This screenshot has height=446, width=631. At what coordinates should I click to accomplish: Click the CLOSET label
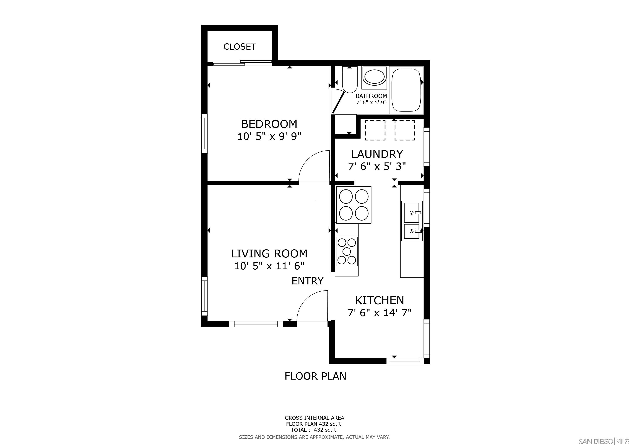[239, 47]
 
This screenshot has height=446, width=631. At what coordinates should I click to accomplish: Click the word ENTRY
[307, 281]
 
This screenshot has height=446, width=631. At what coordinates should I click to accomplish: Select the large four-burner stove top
[353, 205]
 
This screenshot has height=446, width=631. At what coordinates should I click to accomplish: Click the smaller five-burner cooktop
[347, 251]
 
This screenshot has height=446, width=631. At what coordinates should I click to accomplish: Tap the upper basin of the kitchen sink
[411, 212]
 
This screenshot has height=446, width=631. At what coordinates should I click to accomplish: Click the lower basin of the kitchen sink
[411, 231]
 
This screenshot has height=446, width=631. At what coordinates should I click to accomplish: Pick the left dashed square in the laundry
[375, 130]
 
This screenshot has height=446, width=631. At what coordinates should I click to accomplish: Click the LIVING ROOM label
[269, 253]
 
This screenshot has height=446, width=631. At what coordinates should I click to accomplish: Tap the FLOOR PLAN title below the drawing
[315, 376]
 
